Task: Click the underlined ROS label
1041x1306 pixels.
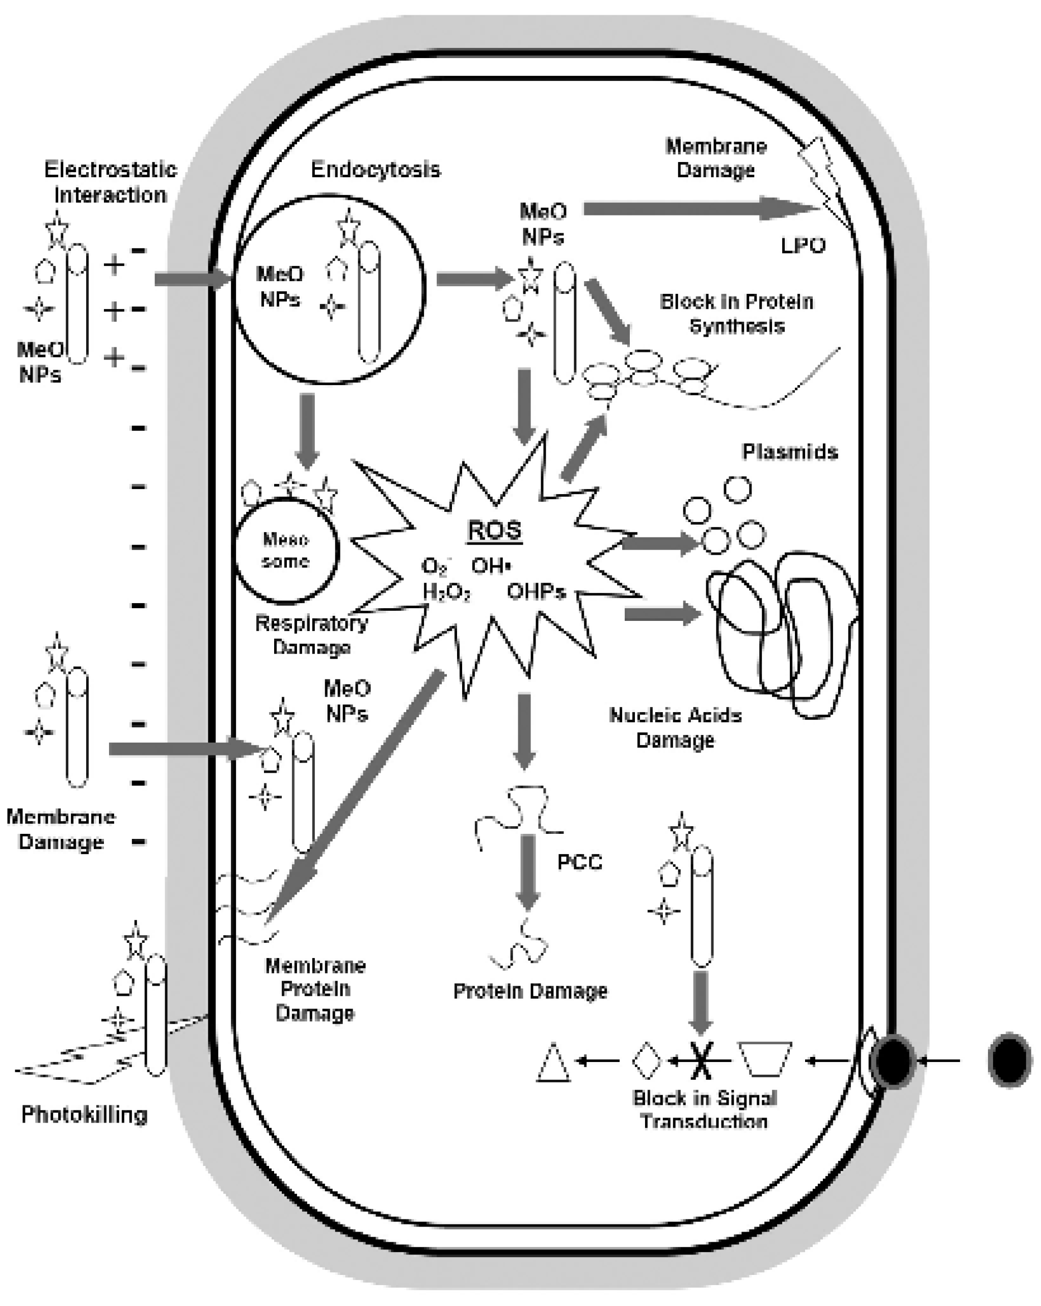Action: coord(494,530)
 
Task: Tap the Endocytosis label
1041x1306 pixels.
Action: coord(376,170)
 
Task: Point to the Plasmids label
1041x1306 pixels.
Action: coord(789,451)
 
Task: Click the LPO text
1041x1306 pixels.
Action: coord(803,246)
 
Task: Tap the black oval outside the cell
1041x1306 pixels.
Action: coord(1009,1060)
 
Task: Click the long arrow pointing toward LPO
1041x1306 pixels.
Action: coord(697,209)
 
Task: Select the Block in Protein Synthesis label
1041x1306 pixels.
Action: coord(737,313)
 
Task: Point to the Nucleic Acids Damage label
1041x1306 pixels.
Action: coord(675,727)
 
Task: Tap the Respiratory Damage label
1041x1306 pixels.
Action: coord(311,634)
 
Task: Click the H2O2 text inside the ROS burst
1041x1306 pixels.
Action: coord(446,592)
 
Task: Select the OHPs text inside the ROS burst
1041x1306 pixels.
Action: coord(536,591)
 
